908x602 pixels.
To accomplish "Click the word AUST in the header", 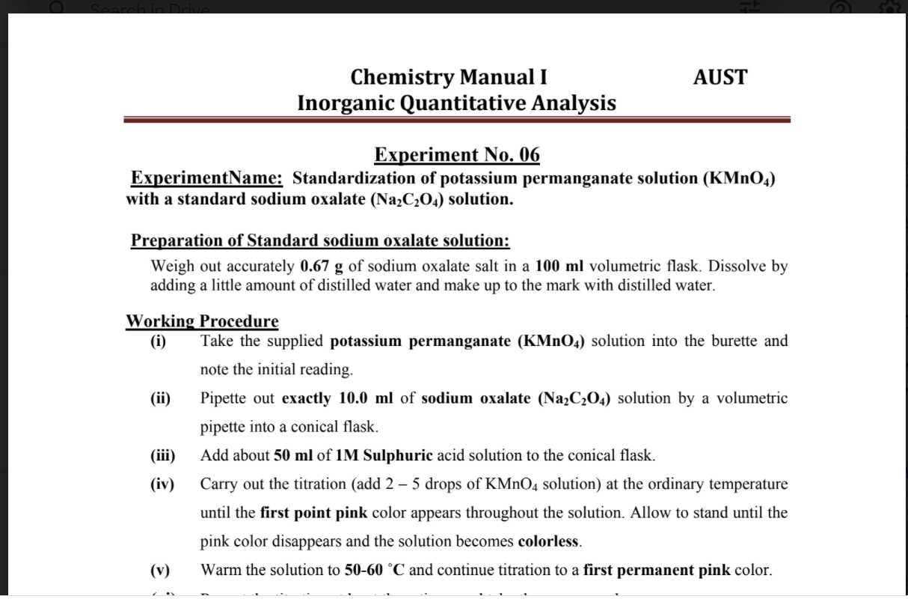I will (x=720, y=77).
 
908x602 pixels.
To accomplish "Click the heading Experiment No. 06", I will (x=456, y=155).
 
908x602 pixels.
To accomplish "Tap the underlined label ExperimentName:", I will (x=206, y=178).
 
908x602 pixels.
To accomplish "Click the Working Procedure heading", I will (x=202, y=321).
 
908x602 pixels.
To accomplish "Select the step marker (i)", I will (x=158, y=341).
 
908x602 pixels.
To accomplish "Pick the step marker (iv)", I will (x=162, y=484).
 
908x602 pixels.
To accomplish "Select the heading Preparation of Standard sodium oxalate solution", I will (x=320, y=240).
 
